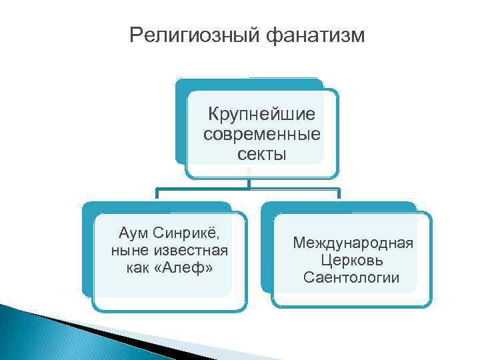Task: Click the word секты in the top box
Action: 261,155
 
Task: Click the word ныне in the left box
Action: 125,251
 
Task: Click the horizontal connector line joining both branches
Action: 248,189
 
